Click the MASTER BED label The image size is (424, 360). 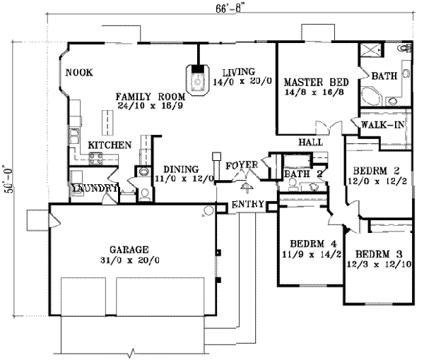pyautogui.click(x=312, y=80)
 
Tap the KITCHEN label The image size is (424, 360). pyautogui.click(x=110, y=145)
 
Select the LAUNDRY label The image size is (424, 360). pyautogui.click(x=93, y=188)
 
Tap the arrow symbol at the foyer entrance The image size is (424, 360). pyautogui.click(x=246, y=186)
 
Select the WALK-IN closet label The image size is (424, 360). pyautogui.click(x=382, y=125)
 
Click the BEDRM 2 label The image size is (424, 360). pyautogui.click(x=377, y=171)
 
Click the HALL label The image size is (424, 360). pyautogui.click(x=310, y=142)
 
